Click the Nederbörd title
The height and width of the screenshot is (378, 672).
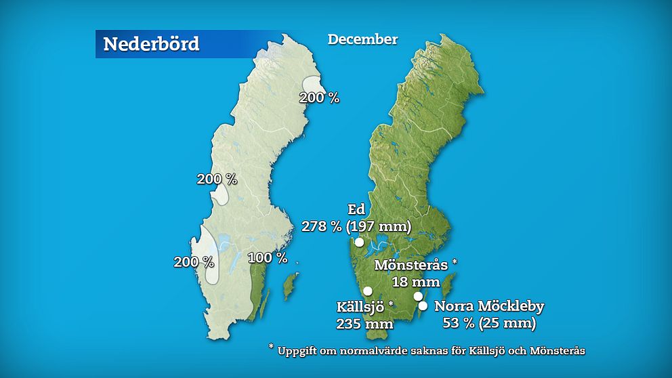click(x=151, y=44)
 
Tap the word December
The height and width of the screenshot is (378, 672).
click(x=362, y=39)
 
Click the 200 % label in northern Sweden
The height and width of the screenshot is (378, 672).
click(x=320, y=98)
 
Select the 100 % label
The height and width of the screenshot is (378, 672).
click(x=268, y=258)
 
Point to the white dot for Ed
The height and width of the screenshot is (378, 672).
click(x=359, y=242)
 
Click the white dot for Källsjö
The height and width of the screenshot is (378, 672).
click(x=368, y=291)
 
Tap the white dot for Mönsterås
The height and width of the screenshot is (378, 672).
click(x=419, y=296)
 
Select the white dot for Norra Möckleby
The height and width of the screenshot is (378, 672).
click(x=423, y=306)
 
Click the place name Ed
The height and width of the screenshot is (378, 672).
click(x=356, y=209)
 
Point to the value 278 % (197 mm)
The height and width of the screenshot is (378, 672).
click(x=356, y=226)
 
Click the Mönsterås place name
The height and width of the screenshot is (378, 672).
click(x=413, y=264)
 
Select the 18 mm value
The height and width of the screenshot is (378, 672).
click(x=416, y=281)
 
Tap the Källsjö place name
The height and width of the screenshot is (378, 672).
click(x=361, y=306)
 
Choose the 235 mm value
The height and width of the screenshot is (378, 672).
click(x=364, y=323)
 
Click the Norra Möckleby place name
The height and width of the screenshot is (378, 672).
click(x=489, y=306)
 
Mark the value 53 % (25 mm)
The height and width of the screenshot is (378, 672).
click(x=489, y=323)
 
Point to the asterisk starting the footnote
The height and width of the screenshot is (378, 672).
click(x=271, y=348)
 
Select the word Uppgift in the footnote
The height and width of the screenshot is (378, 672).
click(x=299, y=351)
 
